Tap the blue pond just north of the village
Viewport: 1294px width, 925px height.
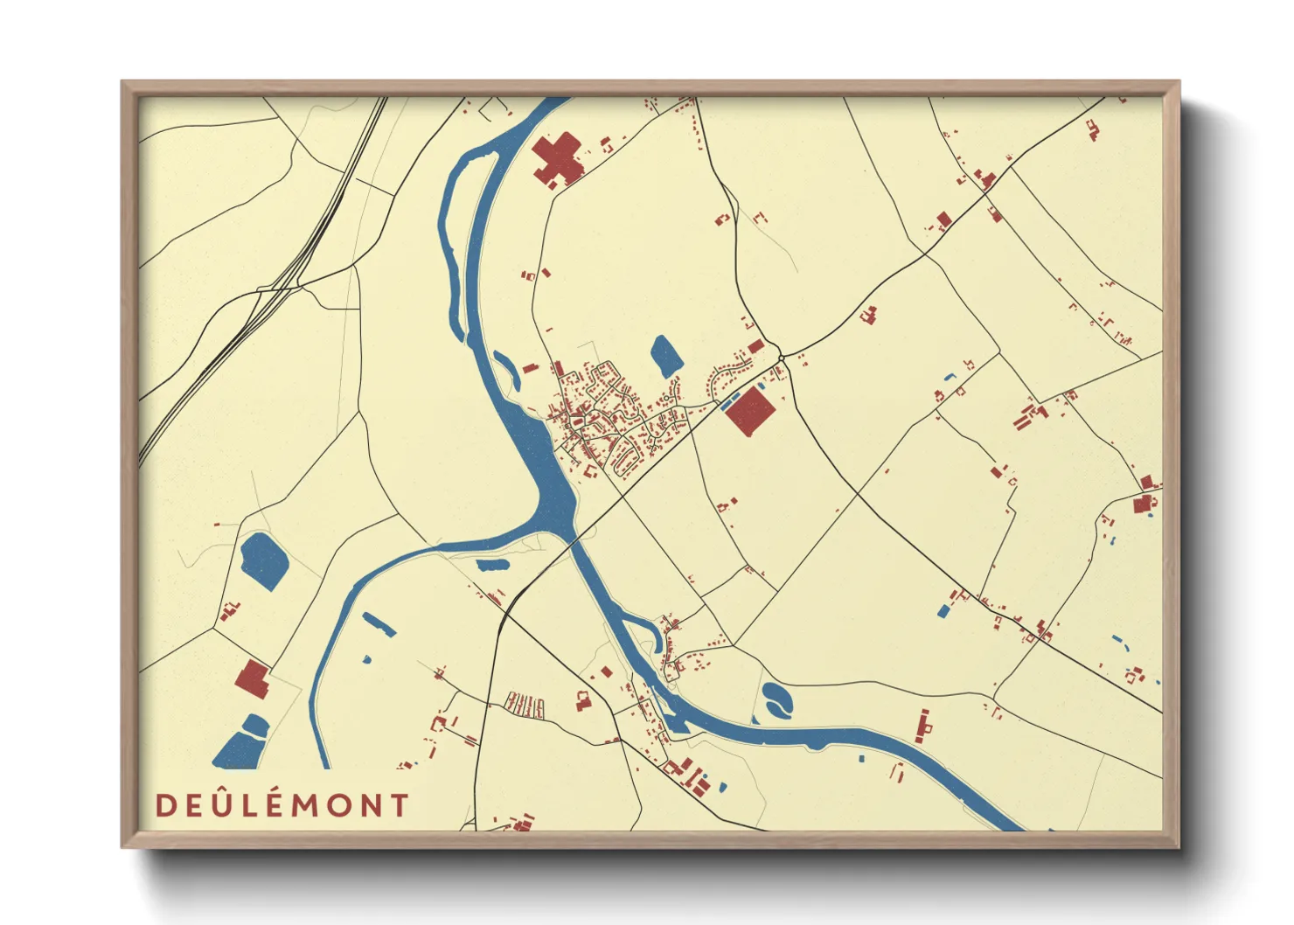666,356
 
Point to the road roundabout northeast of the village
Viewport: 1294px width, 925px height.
782,358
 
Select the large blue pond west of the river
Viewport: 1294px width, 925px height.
263,560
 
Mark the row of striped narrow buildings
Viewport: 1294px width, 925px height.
525,705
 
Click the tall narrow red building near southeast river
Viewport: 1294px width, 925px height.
922,726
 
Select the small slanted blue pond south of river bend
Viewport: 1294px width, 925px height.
379,623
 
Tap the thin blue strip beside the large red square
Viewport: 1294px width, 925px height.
726,404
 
